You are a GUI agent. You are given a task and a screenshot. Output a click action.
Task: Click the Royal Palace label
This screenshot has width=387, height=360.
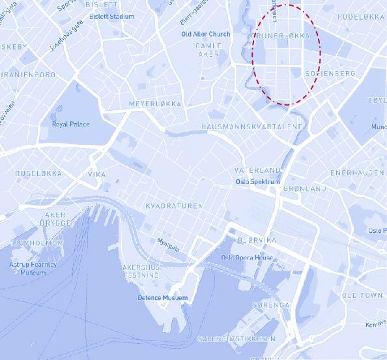pyautogui.click(x=71, y=124)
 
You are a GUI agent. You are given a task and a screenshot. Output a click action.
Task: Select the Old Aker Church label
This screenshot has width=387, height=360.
pyautogui.click(x=206, y=34)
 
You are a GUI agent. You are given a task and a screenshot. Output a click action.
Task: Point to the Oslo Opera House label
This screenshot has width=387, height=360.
pyautogui.click(x=247, y=258)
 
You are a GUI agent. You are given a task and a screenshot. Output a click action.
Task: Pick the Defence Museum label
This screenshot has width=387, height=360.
pyautogui.click(x=162, y=298)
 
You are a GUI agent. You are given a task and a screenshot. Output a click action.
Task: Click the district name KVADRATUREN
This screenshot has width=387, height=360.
pyautogui.click(x=173, y=205)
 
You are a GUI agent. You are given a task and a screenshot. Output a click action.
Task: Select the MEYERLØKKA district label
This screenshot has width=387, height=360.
pyautogui.click(x=155, y=104)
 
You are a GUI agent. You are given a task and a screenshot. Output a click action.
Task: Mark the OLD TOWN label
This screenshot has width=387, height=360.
pyautogui.click(x=362, y=295)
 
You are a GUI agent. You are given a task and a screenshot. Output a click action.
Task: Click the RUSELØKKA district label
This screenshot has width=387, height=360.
pyautogui.click(x=38, y=173)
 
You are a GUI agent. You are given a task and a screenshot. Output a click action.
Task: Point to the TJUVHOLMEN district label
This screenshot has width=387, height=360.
pyautogui.click(x=31, y=243)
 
